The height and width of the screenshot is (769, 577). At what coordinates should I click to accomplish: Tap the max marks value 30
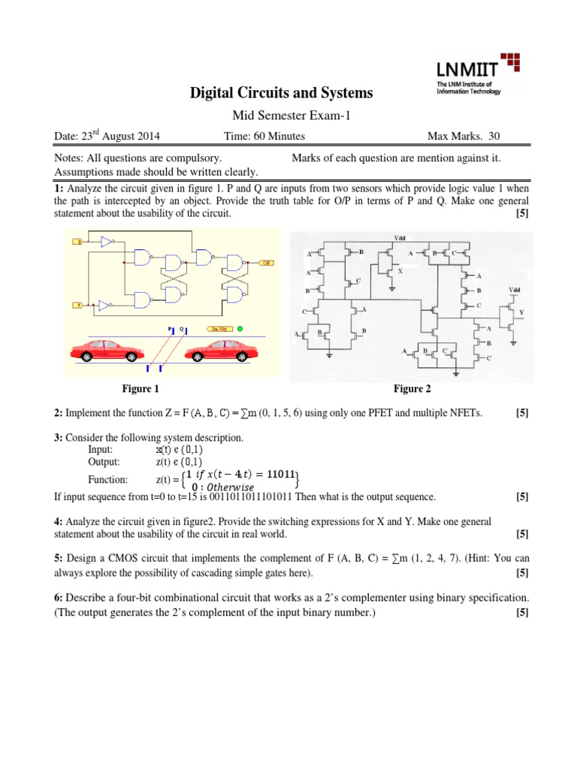coord(493,136)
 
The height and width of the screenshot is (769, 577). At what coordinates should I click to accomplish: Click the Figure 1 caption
coord(141,388)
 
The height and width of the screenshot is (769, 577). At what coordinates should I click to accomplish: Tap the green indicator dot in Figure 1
coord(240,329)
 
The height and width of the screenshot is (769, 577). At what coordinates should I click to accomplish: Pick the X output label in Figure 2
coord(400,272)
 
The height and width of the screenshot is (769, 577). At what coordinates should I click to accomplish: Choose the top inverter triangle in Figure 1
coord(106,242)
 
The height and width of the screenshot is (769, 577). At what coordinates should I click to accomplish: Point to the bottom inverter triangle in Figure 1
coord(107,306)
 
